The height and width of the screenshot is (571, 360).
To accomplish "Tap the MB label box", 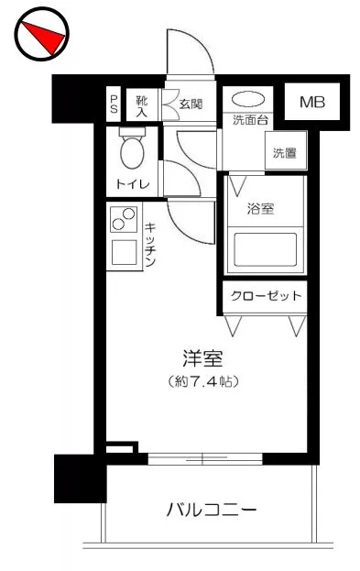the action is [x=312, y=102].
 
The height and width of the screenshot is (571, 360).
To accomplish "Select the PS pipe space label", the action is [x=114, y=104].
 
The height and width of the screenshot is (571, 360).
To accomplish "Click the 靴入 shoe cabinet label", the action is [x=142, y=106].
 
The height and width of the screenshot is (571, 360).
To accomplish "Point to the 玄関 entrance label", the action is [x=191, y=104].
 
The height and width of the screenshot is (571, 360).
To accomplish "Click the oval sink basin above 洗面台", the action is [x=248, y=99].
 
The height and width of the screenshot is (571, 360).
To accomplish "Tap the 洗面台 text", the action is [x=250, y=120].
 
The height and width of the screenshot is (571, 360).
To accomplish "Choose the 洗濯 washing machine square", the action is [x=286, y=150].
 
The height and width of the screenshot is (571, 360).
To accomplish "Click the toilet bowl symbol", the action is [x=132, y=148].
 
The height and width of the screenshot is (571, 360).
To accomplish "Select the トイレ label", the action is [x=133, y=183].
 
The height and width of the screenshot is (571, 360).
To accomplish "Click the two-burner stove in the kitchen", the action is [x=124, y=219].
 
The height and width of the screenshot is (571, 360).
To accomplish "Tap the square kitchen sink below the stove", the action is [x=125, y=252].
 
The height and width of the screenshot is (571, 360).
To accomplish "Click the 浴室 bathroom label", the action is [x=260, y=209].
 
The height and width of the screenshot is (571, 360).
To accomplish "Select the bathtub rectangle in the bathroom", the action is [x=266, y=250].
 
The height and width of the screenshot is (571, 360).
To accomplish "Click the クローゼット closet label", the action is [x=266, y=296].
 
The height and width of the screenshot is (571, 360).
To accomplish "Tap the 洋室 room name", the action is [x=203, y=358].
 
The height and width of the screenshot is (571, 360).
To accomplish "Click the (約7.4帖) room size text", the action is [x=203, y=381].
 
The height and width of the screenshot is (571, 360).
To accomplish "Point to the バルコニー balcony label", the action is [x=212, y=510].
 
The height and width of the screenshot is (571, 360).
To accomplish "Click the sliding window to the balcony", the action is [x=205, y=459].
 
